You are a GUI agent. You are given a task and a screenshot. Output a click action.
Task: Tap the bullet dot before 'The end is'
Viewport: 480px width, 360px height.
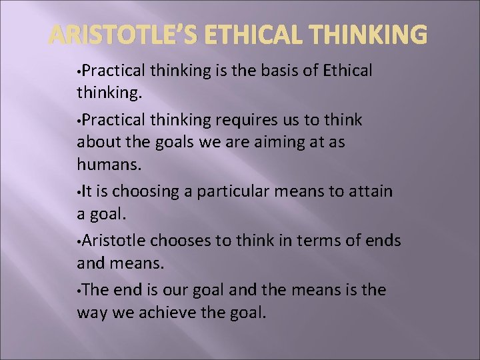[x=79, y=290]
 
